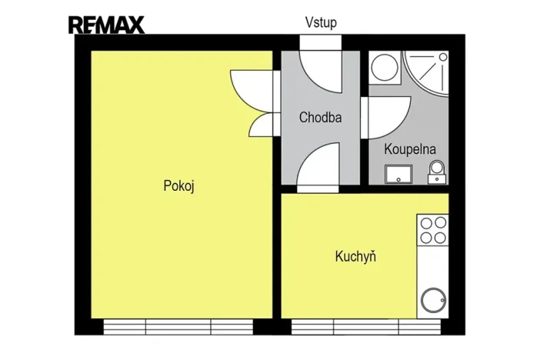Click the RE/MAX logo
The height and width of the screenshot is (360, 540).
[106, 25]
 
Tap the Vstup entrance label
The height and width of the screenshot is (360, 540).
[320, 22]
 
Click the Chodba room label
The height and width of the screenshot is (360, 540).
[320, 118]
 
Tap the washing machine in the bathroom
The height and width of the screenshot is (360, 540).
[382, 68]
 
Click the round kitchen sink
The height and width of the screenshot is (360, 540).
[433, 302]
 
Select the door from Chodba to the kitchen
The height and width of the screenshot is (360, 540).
[317, 168]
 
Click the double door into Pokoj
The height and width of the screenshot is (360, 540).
[255, 102]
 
